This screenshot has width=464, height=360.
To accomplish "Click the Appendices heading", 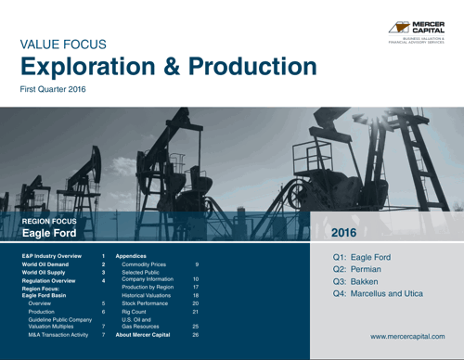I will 132,253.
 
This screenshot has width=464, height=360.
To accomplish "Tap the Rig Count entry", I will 136,312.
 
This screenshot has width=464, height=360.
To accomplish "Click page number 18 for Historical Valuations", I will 196,295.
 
